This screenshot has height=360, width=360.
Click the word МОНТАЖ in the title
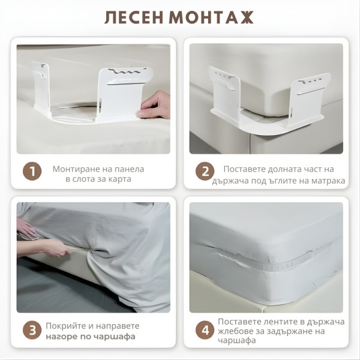(211, 17)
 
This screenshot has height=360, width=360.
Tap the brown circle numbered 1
(32, 171)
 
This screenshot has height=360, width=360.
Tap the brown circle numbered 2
(205, 171)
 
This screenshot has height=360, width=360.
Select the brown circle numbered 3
(32, 331)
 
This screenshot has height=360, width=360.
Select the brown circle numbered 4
(205, 331)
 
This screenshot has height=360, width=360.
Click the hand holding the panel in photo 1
(154, 106)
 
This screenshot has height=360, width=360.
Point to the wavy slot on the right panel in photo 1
(125, 73)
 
